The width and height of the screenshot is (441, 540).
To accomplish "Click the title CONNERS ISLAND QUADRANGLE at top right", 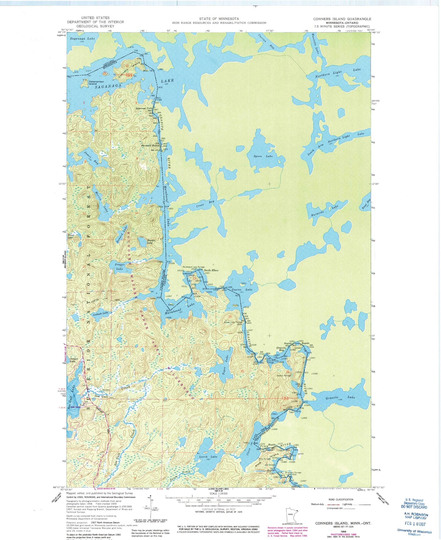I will point(342,19).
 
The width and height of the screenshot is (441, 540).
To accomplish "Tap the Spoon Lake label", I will point(263,156).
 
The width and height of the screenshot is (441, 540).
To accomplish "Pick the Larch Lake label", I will point(208,457).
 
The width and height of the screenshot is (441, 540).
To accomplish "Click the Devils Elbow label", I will point(211,270).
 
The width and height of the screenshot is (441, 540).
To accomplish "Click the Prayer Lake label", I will point(120,266).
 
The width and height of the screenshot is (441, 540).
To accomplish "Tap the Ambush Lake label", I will point(101,313).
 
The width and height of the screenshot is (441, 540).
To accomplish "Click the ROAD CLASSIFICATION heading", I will point(341,499).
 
